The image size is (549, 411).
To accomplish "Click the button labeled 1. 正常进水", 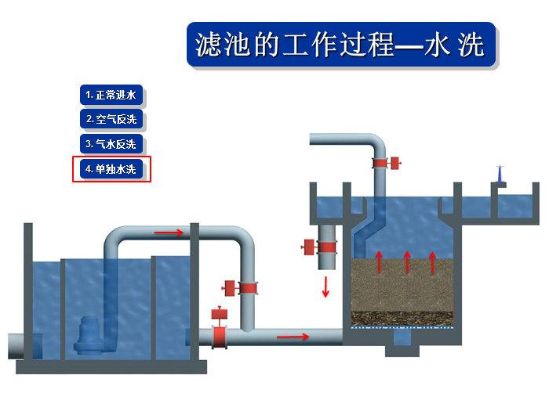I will click(111, 96).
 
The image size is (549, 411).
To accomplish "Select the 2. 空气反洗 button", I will click(111, 120).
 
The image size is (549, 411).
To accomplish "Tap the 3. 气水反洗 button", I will click(111, 144).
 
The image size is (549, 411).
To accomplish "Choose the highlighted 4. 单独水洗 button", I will click(111, 169).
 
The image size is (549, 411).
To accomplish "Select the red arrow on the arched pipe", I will click(169, 232).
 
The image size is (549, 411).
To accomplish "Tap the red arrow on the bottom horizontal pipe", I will click(293, 337).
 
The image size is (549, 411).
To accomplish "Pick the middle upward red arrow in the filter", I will click(406, 262).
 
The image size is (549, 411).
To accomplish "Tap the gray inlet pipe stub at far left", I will click(16, 345).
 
